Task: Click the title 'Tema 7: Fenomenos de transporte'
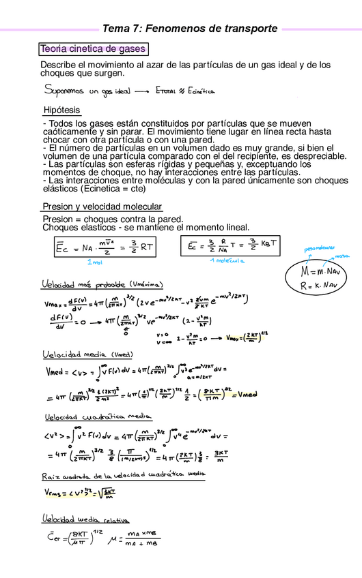tap(189, 29)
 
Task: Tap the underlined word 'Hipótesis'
tap(61, 110)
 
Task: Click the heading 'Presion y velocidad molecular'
tap(102, 207)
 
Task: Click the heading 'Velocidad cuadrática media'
tap(98, 417)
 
